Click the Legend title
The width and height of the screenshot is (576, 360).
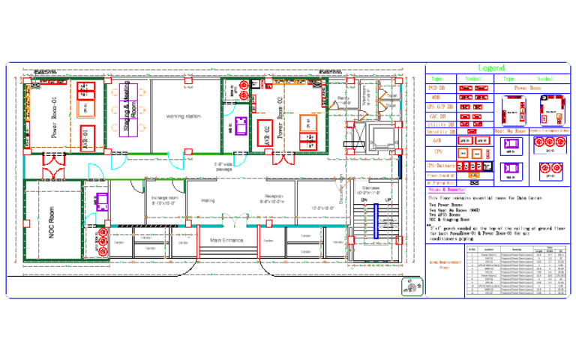491,68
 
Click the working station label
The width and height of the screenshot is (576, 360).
184,116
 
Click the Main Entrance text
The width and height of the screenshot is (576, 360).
227,240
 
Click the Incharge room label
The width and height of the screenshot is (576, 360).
164,201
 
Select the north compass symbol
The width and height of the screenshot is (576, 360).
410,285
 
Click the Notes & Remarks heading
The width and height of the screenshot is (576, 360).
443,190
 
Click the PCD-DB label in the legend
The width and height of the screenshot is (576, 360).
437,88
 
